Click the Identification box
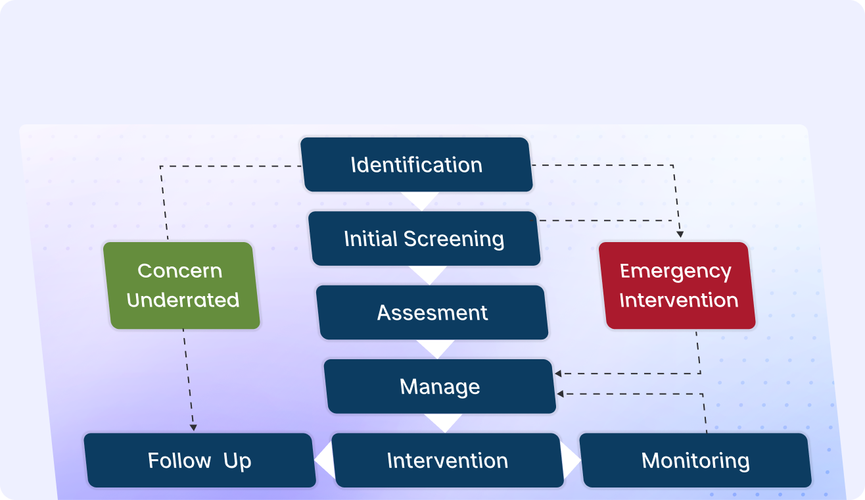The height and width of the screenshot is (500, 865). click(416, 164)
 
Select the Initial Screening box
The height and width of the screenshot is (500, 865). click(425, 238)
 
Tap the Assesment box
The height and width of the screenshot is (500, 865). click(432, 312)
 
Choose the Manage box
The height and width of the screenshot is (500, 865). click(440, 386)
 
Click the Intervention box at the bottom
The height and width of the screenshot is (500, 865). click(448, 460)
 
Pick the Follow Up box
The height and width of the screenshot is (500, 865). click(200, 460)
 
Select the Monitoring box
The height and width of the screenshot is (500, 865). click(695, 460)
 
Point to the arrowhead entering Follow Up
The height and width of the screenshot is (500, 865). click(193, 428)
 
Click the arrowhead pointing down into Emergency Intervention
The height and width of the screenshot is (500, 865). click(680, 235)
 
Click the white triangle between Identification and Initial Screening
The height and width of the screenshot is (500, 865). click(420, 199)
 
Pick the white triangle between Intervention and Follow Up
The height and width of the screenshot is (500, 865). click(323, 461)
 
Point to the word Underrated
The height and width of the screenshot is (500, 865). click(183, 300)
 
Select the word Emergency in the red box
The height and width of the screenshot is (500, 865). click(676, 271)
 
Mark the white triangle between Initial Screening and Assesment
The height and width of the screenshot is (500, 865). click(428, 274)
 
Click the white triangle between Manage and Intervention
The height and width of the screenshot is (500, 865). click(444, 422)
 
